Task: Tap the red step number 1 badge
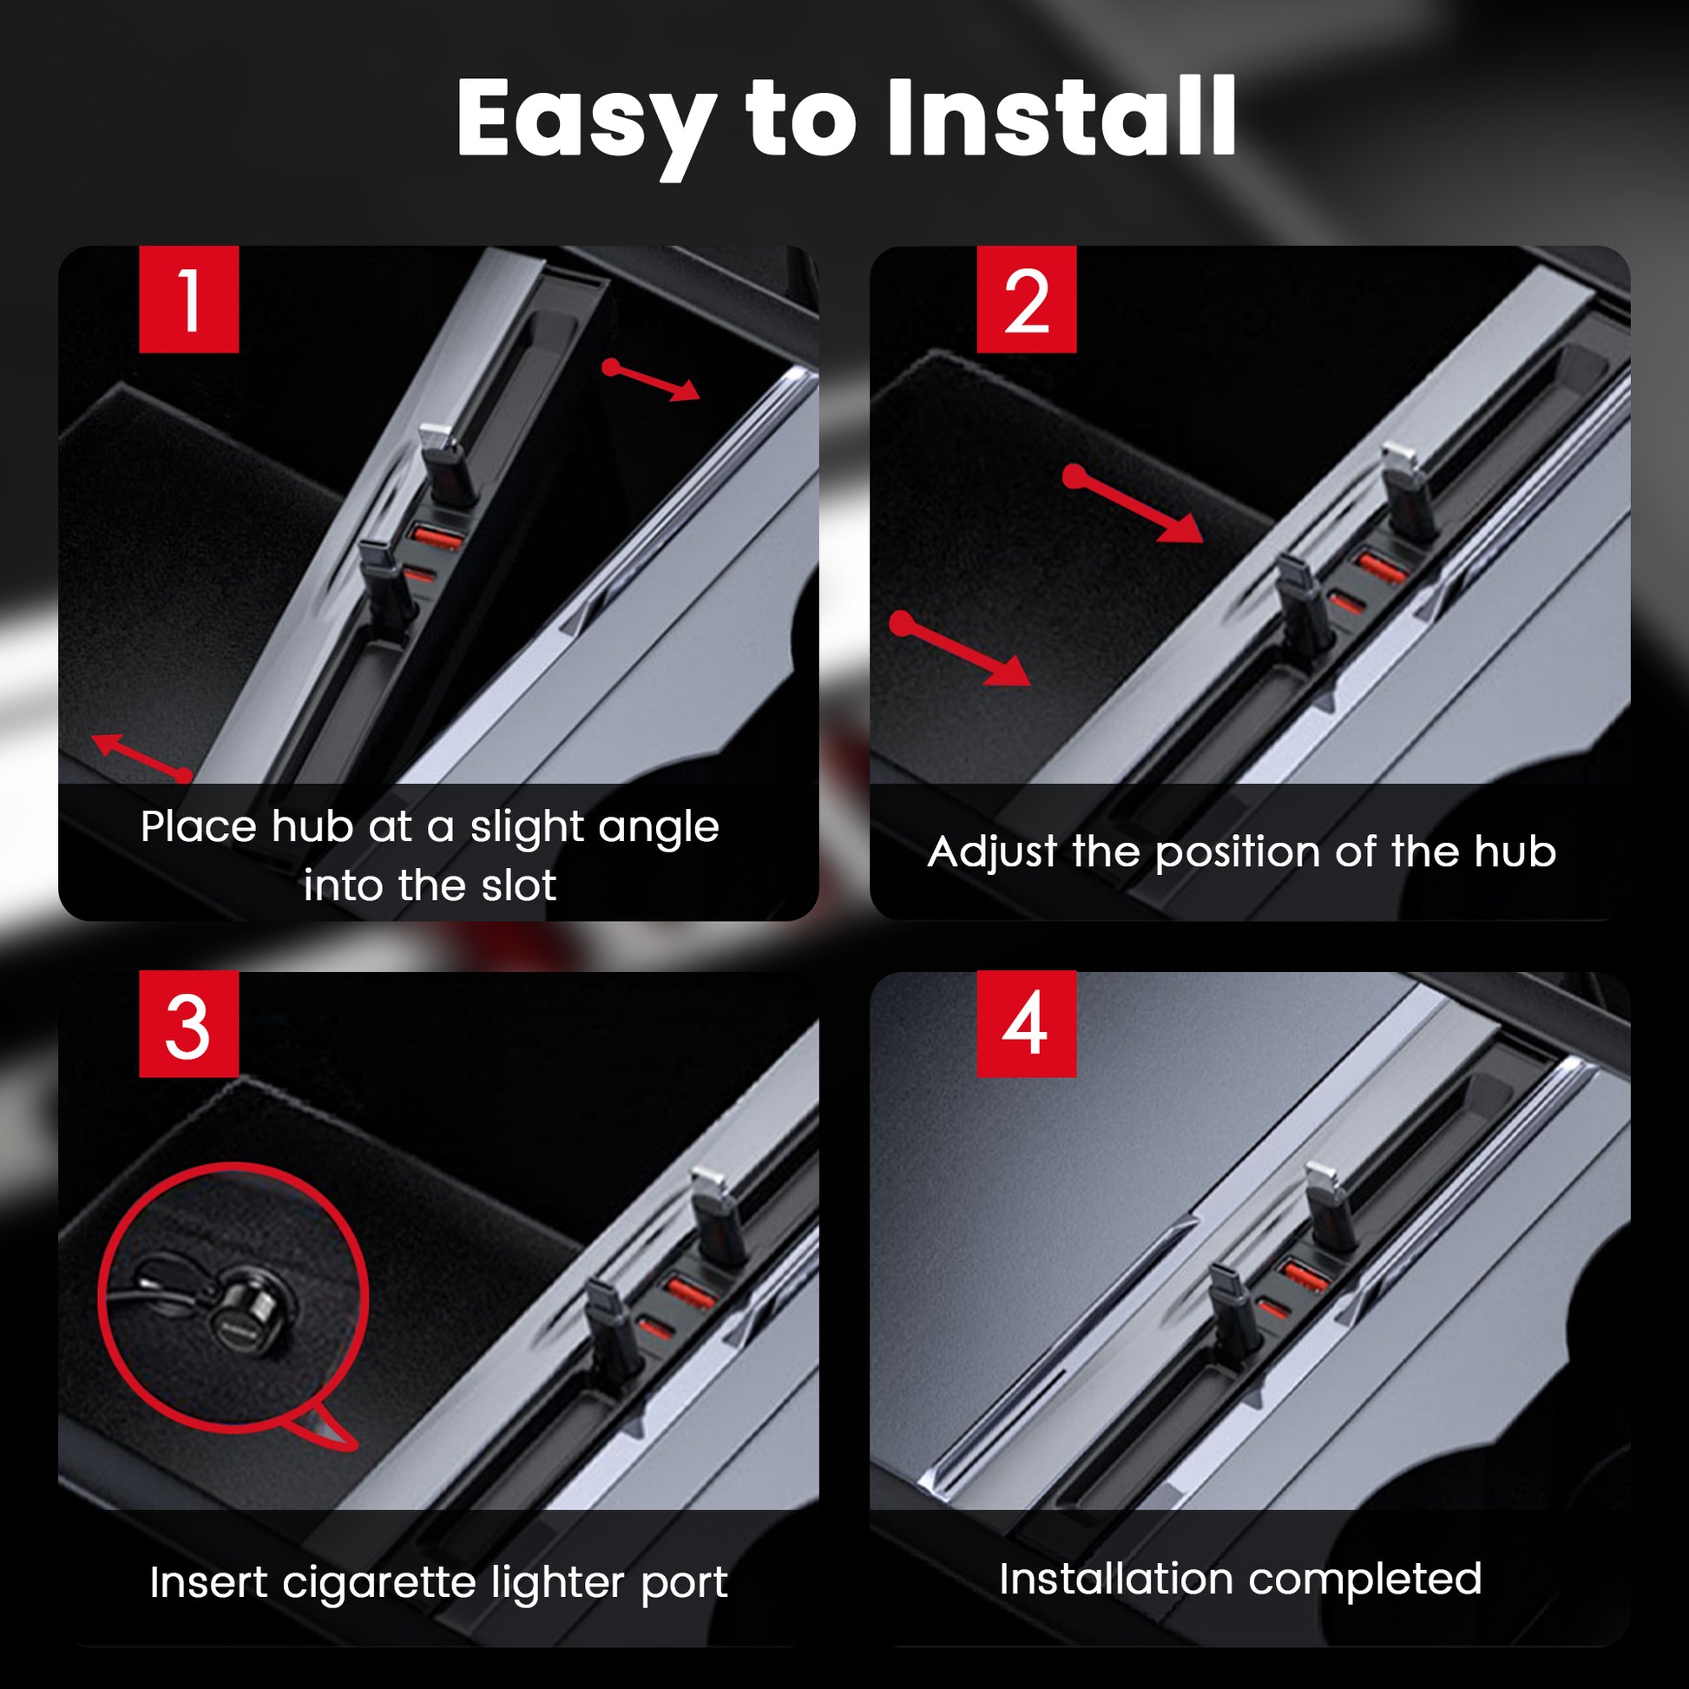(x=189, y=299)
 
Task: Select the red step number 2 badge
(x=1027, y=299)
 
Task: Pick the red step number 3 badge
(x=189, y=1023)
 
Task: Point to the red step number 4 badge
(x=1027, y=1023)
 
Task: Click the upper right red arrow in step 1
(x=651, y=380)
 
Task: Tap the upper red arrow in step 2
(x=1133, y=504)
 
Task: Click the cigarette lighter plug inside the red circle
(x=249, y=1305)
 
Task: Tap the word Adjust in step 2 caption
(x=992, y=852)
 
